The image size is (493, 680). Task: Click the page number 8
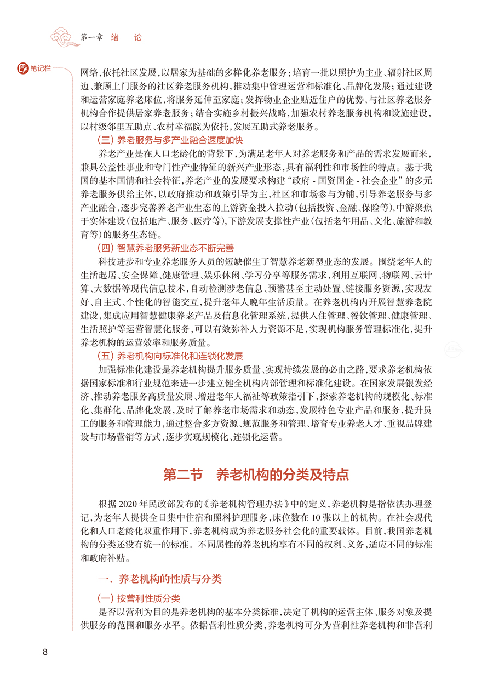coord(45,652)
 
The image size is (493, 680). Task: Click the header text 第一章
coord(92,38)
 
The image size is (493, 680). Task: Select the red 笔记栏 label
coord(39,68)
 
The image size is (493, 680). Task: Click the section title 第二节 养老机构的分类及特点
coord(256,474)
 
